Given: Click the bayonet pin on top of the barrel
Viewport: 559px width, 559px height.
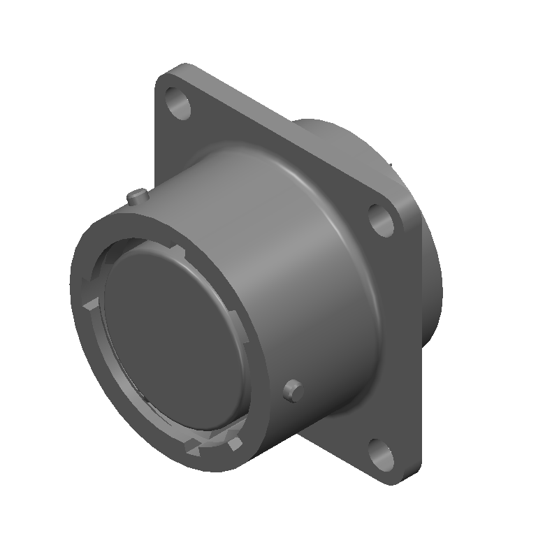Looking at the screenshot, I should point(137,196).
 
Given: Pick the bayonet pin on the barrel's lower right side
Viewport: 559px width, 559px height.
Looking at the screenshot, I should point(293,390).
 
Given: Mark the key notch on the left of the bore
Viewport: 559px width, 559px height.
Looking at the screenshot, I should point(89,303).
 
